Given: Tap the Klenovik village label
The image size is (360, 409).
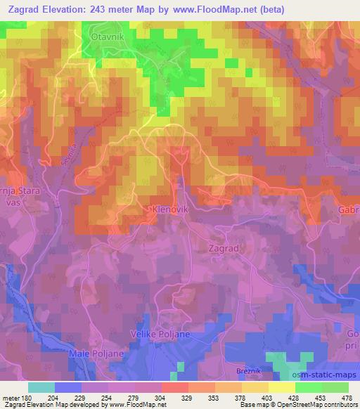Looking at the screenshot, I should (x=168, y=209).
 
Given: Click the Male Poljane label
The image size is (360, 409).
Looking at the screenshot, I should (x=91, y=353).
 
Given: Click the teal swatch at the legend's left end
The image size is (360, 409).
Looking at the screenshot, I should (x=41, y=387).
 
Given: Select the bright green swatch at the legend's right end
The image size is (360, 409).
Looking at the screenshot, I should (x=335, y=387).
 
